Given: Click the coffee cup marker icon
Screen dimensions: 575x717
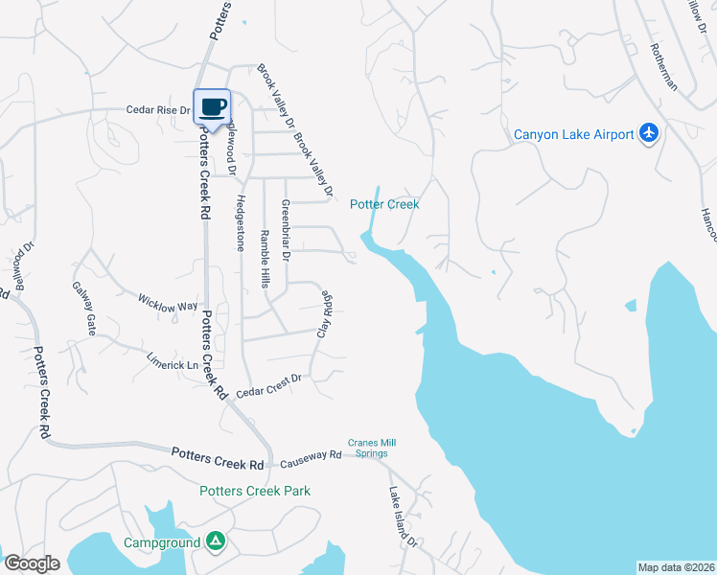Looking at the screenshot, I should tap(213, 105).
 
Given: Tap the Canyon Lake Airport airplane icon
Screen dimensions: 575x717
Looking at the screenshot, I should tap(650, 133).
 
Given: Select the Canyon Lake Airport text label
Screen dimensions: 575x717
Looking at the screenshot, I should tap(574, 134).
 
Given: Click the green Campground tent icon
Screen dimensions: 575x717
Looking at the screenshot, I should tap(217, 542).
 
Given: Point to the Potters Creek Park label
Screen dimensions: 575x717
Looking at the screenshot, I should tap(255, 491).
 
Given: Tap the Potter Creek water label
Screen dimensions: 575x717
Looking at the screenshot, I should tap(384, 204).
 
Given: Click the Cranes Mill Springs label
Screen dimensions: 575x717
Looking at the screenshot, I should tap(372, 448).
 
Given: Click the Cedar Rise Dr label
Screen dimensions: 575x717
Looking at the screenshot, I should tap(159, 110).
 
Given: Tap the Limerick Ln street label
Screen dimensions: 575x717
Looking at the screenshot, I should tap(172, 365).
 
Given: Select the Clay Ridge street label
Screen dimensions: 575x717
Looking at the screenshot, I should tap(325, 312).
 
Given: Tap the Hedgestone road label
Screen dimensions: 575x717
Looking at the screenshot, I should tap(241, 223).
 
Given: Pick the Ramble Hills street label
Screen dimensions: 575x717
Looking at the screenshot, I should tap(265, 259).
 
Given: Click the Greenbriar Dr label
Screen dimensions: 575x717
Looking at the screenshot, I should tap(285, 232).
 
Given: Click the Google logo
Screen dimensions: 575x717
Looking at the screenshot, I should tap(32, 563).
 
